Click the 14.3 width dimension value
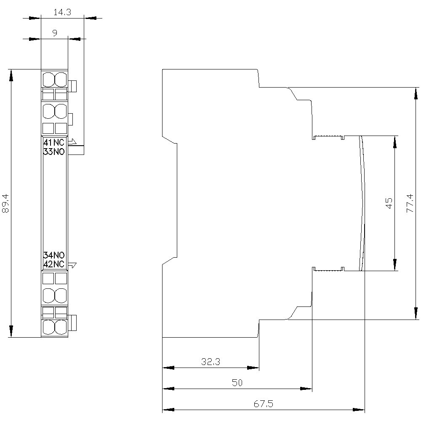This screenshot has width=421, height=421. (x=62, y=12)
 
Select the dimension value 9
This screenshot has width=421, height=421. (x=55, y=33)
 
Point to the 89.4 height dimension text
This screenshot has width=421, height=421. (x=5, y=203)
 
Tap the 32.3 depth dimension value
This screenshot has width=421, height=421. (x=211, y=362)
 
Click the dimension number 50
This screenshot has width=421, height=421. (x=237, y=383)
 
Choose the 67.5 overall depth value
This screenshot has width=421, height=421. (x=264, y=404)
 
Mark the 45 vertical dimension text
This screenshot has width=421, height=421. (x=389, y=203)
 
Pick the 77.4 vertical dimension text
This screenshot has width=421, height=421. (x=410, y=203)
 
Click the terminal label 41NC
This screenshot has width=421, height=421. (x=54, y=142)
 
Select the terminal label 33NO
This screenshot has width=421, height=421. (x=54, y=152)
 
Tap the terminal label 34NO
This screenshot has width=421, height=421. (x=54, y=255)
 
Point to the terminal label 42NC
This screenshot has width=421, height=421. (x=54, y=264)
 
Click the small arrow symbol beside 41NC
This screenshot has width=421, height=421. (x=72, y=141)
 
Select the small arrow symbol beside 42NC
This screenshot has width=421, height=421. (x=72, y=265)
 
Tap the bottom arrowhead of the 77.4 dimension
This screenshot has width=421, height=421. (x=416, y=314)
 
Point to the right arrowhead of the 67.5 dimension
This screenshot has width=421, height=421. (x=359, y=410)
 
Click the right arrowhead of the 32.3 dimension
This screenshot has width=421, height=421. (x=253, y=368)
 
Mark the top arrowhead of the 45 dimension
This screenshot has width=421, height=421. (x=395, y=142)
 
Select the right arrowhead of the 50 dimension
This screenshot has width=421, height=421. (x=306, y=389)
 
